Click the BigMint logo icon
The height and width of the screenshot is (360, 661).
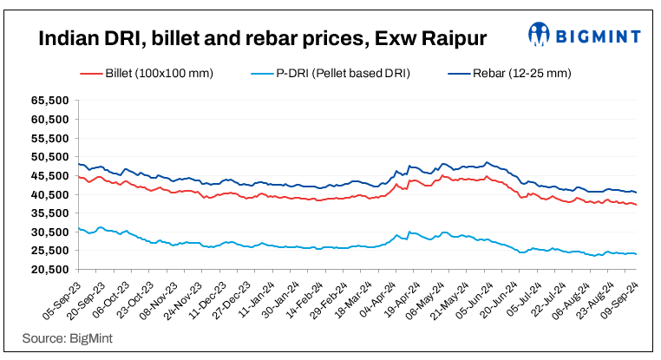click(540, 35)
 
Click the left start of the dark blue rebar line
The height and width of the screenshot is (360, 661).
click(78, 164)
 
